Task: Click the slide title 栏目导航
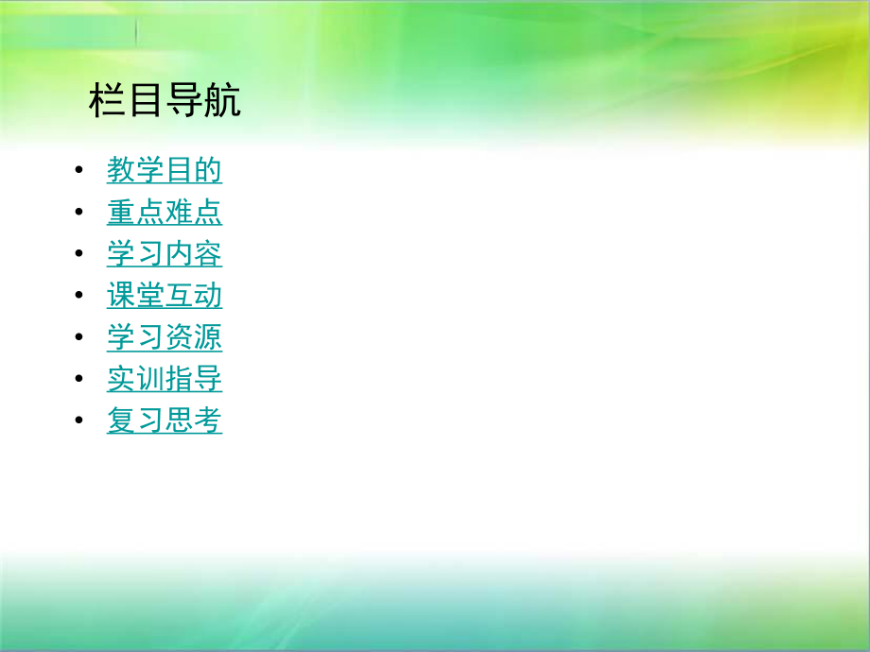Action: (165, 101)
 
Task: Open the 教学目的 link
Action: (165, 171)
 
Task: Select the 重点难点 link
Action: (165, 213)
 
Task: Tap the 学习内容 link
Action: (165, 254)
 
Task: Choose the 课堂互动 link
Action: (165, 296)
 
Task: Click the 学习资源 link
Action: (165, 337)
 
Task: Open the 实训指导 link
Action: (165, 379)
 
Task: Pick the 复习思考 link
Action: (165, 420)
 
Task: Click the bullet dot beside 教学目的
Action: (78, 172)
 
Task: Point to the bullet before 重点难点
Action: (78, 214)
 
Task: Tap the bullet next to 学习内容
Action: (78, 255)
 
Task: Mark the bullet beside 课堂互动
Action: (78, 297)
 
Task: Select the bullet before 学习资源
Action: (78, 338)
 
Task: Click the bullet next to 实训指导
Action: (78, 380)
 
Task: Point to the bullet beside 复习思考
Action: (78, 421)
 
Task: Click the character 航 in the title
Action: (222, 101)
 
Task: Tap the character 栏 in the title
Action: (107, 101)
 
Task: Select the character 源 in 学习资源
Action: (208, 337)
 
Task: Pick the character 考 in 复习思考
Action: (208, 420)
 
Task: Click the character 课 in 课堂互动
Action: (121, 296)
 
